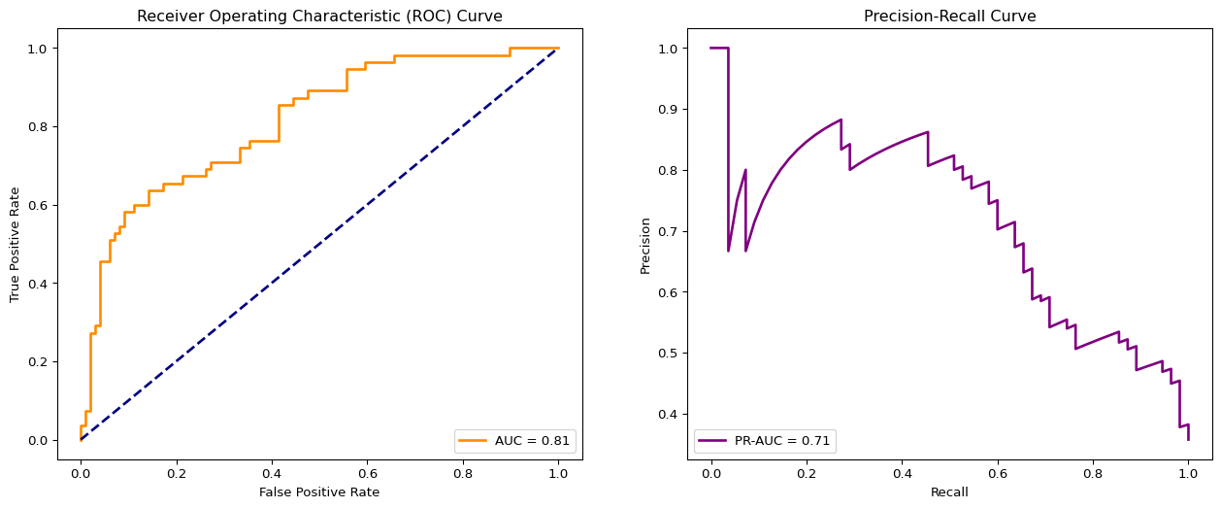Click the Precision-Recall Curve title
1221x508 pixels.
[x=949, y=16]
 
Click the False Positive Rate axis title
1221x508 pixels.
[x=319, y=492]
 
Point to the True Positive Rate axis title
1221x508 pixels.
[x=15, y=244]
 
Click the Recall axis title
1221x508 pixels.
[x=949, y=492]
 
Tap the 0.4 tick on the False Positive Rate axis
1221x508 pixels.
[x=272, y=474]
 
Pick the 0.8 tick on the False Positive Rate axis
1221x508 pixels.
[x=463, y=474]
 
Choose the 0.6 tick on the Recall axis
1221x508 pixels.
[x=997, y=474]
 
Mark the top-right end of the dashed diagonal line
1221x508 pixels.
[x=558, y=48]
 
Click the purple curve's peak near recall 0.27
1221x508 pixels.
[x=841, y=119]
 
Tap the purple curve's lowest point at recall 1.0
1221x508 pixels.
[x=1188, y=440]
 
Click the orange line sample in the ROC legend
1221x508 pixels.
[x=474, y=440]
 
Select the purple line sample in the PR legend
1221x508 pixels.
[x=713, y=440]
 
